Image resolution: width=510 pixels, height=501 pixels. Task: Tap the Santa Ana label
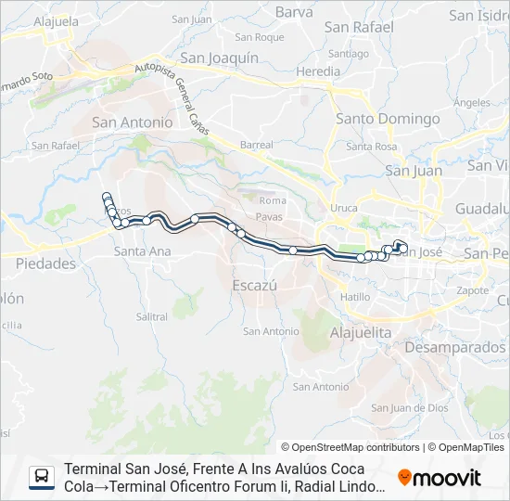pyautogui.click(x=141, y=251)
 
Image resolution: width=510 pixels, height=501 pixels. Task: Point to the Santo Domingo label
pyautogui.click(x=388, y=119)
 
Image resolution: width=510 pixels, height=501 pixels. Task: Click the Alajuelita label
pyautogui.click(x=363, y=331)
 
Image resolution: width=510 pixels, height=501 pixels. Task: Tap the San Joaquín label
pyautogui.click(x=219, y=58)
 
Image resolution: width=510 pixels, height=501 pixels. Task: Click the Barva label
pyautogui.click(x=294, y=12)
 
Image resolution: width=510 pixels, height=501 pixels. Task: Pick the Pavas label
pyautogui.click(x=272, y=215)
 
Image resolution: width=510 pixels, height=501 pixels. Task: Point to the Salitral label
pyautogui.click(x=151, y=316)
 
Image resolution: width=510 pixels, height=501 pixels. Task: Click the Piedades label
pyautogui.click(x=45, y=263)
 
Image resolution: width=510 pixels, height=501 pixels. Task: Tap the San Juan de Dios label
pyautogui.click(x=410, y=407)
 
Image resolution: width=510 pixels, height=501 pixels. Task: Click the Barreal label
pyautogui.click(x=257, y=145)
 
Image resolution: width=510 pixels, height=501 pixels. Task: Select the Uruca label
pyautogui.click(x=343, y=208)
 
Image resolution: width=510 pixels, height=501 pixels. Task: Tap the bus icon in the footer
pyautogui.click(x=42, y=477)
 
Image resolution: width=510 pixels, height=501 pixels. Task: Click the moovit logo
pyautogui.click(x=440, y=478)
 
